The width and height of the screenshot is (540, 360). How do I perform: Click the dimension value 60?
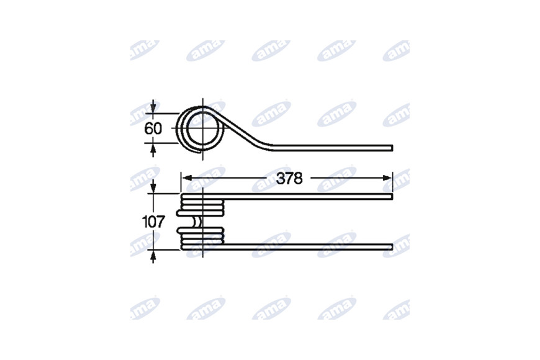(x=153, y=129)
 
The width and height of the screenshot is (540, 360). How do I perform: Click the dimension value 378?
(x=289, y=179)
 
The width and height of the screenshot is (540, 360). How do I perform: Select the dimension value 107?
(x=153, y=222)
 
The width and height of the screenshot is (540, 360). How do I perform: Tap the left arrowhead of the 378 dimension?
(x=186, y=178)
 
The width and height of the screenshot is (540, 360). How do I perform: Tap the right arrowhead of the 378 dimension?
(x=387, y=178)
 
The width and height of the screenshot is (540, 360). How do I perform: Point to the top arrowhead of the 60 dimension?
(x=153, y=108)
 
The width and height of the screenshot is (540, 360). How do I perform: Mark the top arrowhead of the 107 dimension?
(x=153, y=189)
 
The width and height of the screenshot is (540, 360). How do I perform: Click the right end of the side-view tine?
(x=392, y=148)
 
